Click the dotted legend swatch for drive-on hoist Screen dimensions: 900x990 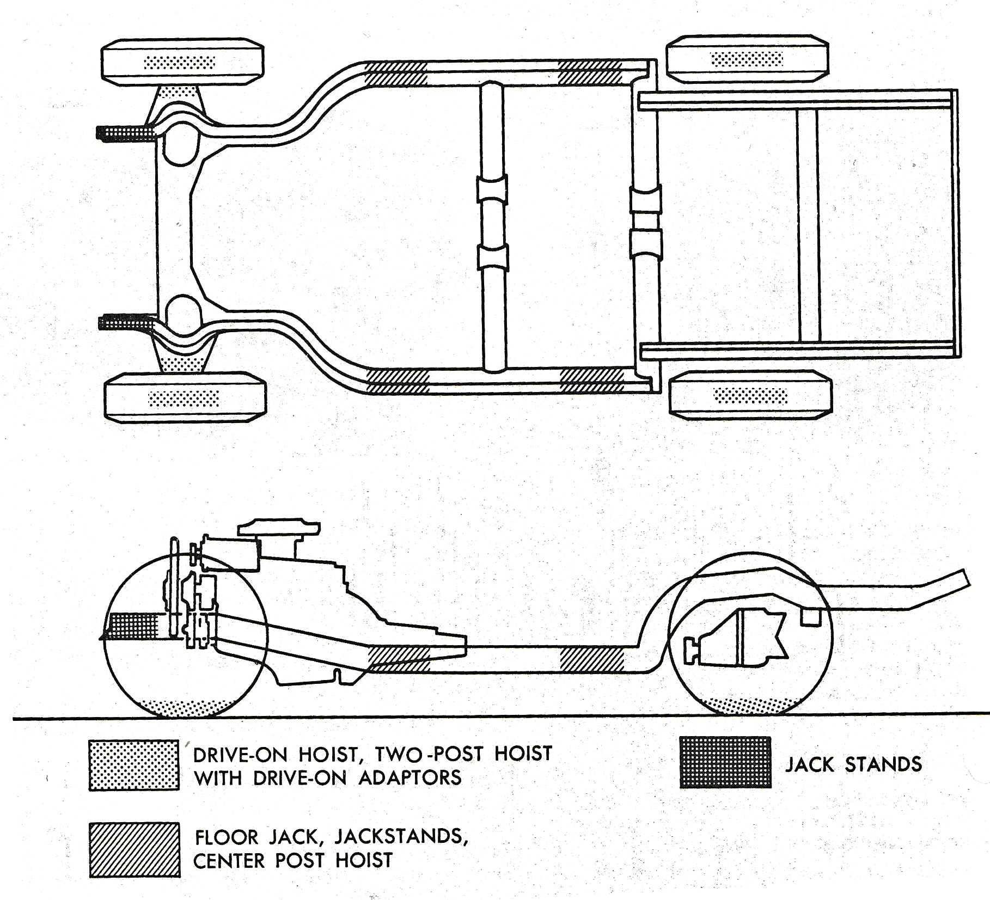134,764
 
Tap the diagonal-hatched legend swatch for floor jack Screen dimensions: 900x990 135,849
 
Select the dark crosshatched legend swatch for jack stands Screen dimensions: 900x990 725,762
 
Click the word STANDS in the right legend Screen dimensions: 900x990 883,764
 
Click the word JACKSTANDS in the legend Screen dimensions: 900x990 401,836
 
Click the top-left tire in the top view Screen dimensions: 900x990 182,62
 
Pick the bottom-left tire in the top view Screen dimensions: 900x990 185,397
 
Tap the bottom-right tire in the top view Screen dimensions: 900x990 750,395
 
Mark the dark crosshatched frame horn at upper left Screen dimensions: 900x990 125,132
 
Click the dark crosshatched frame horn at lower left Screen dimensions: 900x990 125,322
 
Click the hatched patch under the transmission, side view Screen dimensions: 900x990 400,658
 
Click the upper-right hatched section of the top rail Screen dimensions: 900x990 590,73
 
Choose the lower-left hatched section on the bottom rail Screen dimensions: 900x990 398,381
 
